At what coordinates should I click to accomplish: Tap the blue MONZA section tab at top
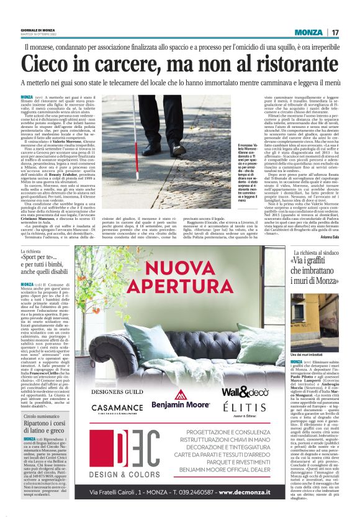308,32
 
